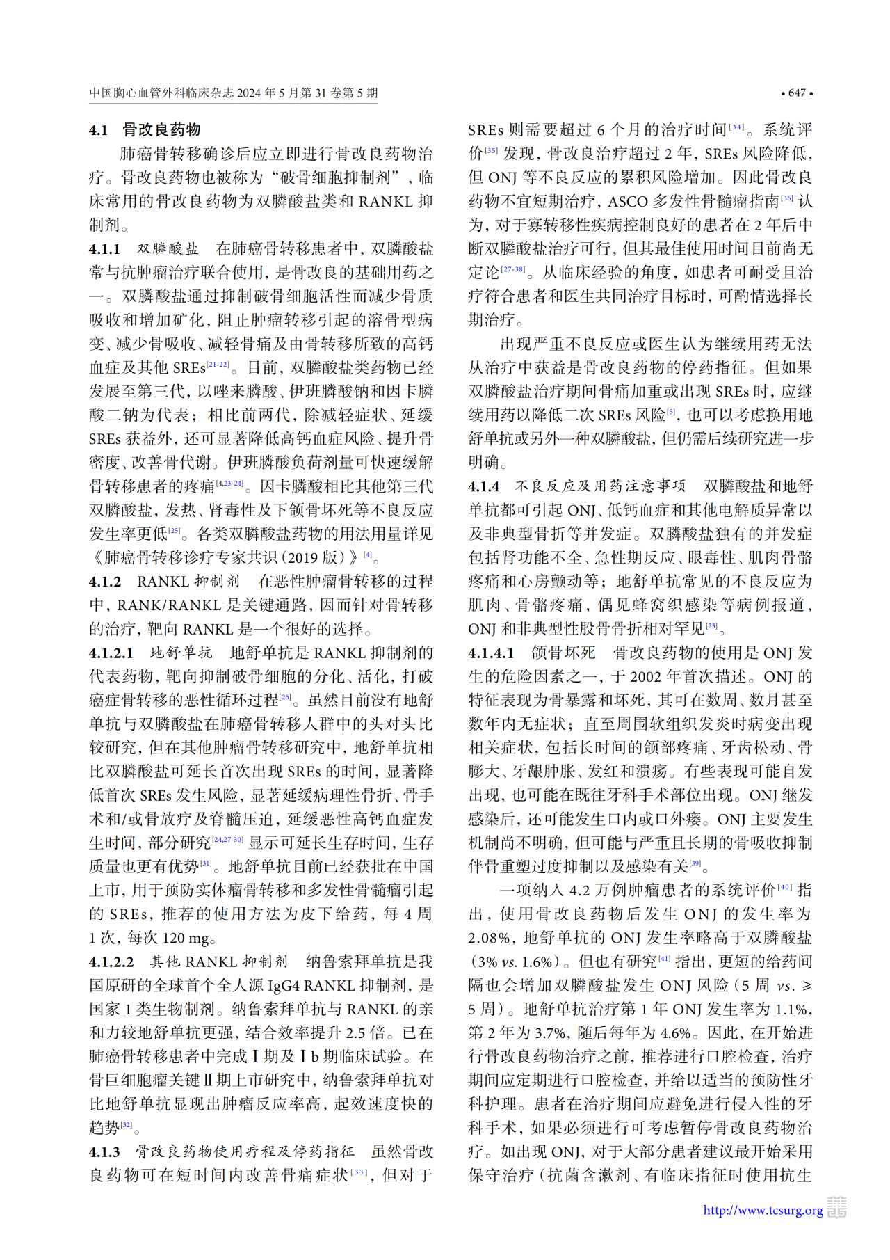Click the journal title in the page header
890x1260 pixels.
click(x=234, y=93)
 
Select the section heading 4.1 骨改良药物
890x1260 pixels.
click(x=145, y=129)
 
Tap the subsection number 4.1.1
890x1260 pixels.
click(x=104, y=248)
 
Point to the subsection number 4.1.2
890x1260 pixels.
click(x=104, y=582)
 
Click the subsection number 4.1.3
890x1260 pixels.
click(x=104, y=1152)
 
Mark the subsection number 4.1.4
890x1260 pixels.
click(x=483, y=486)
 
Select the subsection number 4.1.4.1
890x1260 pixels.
click(x=490, y=653)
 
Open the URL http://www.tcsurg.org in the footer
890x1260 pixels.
click(x=763, y=1211)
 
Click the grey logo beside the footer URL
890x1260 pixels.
click(x=836, y=1208)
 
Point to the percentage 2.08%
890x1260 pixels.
click(x=490, y=938)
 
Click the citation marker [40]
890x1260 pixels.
click(x=784, y=887)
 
